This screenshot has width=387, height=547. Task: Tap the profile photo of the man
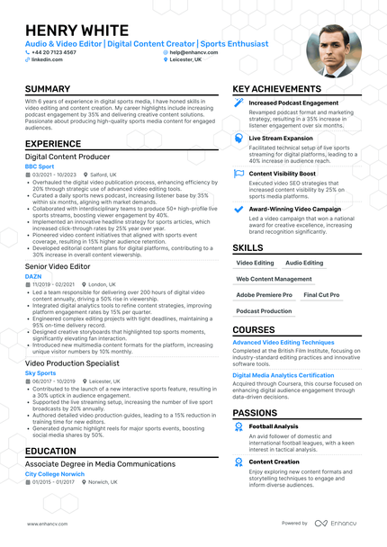pos(333,50)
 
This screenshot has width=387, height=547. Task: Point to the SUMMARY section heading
pos(48,89)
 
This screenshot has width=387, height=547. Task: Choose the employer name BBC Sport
pos(39,166)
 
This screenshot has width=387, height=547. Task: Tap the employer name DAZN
pos(31,275)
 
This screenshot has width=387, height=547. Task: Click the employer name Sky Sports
pos(40,372)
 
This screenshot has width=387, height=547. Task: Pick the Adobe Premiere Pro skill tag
pos(264,294)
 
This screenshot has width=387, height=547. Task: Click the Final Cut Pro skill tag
pos(321,294)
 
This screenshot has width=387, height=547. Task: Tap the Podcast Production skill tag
pos(264,310)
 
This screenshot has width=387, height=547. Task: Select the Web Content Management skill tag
pos(274,279)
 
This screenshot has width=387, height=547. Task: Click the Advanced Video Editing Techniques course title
pos(283,343)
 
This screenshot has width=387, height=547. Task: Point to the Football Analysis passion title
pos(274,426)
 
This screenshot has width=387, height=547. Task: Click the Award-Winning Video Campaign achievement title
pos(294,209)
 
